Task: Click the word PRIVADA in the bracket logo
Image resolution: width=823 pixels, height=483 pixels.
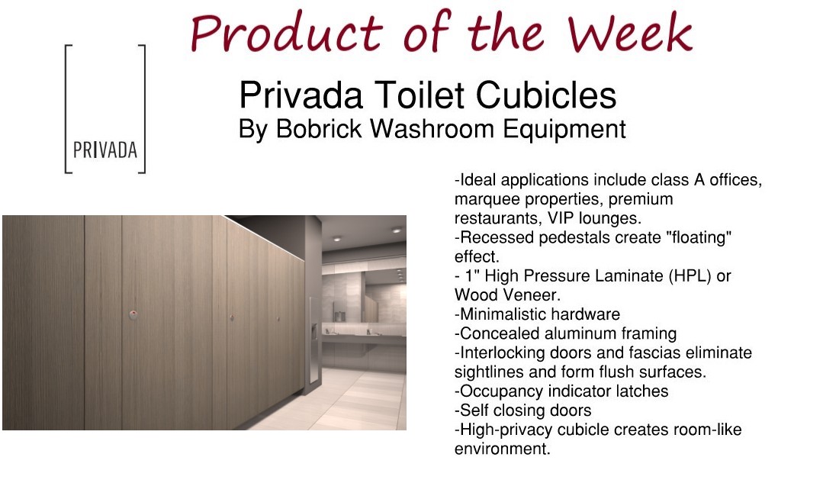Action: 105,150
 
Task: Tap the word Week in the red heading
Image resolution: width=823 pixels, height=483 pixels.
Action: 630,33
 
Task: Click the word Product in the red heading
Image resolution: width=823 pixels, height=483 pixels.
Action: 287,33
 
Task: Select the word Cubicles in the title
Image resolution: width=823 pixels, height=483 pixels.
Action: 546,95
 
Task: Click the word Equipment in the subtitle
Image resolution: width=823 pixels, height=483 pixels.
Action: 564,130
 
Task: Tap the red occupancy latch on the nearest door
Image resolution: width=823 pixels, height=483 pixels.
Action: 133,315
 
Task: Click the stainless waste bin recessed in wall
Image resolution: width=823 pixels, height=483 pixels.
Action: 314,339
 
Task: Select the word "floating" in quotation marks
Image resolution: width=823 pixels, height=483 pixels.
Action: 699,237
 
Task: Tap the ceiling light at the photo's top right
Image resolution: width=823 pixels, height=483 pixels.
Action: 397,230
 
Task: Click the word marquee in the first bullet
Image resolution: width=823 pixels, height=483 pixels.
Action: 487,199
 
